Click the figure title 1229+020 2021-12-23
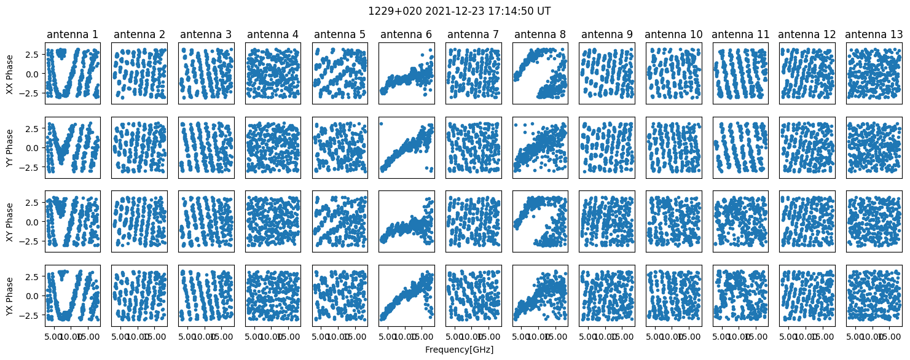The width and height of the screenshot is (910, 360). point(455,11)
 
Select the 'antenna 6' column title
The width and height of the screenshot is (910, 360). point(406,34)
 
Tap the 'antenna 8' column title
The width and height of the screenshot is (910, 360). point(539,34)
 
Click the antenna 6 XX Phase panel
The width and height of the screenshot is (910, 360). point(406,74)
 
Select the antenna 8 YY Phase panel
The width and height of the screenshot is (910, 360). point(539,147)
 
